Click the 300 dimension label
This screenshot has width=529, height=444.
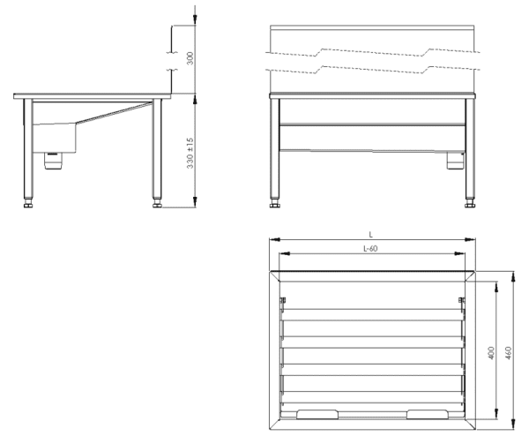[x=190, y=58]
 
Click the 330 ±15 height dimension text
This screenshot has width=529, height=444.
[x=190, y=153]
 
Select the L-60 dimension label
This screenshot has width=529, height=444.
[x=370, y=249]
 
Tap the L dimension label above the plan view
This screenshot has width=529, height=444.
[x=371, y=235]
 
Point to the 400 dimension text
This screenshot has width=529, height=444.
[x=491, y=353]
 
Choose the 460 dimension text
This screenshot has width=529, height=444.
[x=509, y=353]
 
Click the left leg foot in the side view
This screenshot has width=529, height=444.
[x=28, y=204]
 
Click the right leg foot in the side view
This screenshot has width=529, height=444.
[x=157, y=204]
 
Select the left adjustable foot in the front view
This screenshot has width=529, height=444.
[x=275, y=204]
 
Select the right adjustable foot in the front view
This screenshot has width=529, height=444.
[x=470, y=204]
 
